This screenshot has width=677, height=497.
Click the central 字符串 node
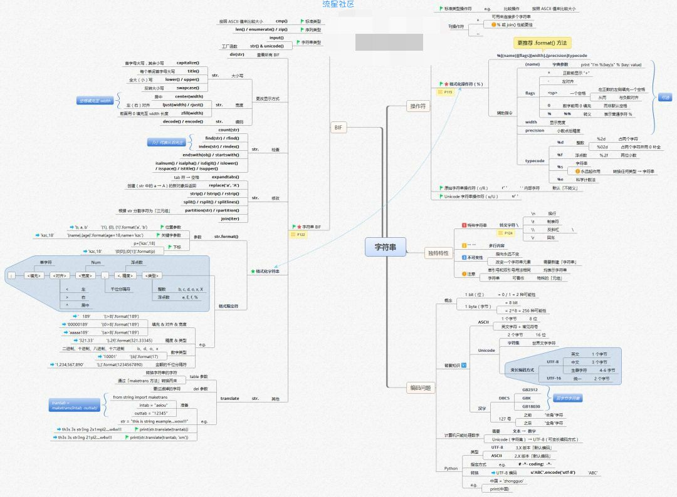[386, 247]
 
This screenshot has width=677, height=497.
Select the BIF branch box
[338, 128]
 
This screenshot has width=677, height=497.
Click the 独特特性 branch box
[439, 253]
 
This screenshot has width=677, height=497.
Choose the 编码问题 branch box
[420, 388]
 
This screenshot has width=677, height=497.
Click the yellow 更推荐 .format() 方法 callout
[542, 43]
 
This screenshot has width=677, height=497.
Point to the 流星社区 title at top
[338, 4]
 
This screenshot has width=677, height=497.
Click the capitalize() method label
[188, 63]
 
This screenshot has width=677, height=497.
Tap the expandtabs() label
[226, 177]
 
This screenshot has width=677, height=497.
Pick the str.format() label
[226, 237]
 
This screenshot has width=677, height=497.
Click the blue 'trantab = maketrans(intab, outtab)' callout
[75, 405]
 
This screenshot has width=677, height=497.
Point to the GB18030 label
[531, 406]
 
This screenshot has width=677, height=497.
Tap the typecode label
[535, 161]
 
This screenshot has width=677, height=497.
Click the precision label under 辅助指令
[535, 130]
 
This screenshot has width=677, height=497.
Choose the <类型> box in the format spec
[152, 275]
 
